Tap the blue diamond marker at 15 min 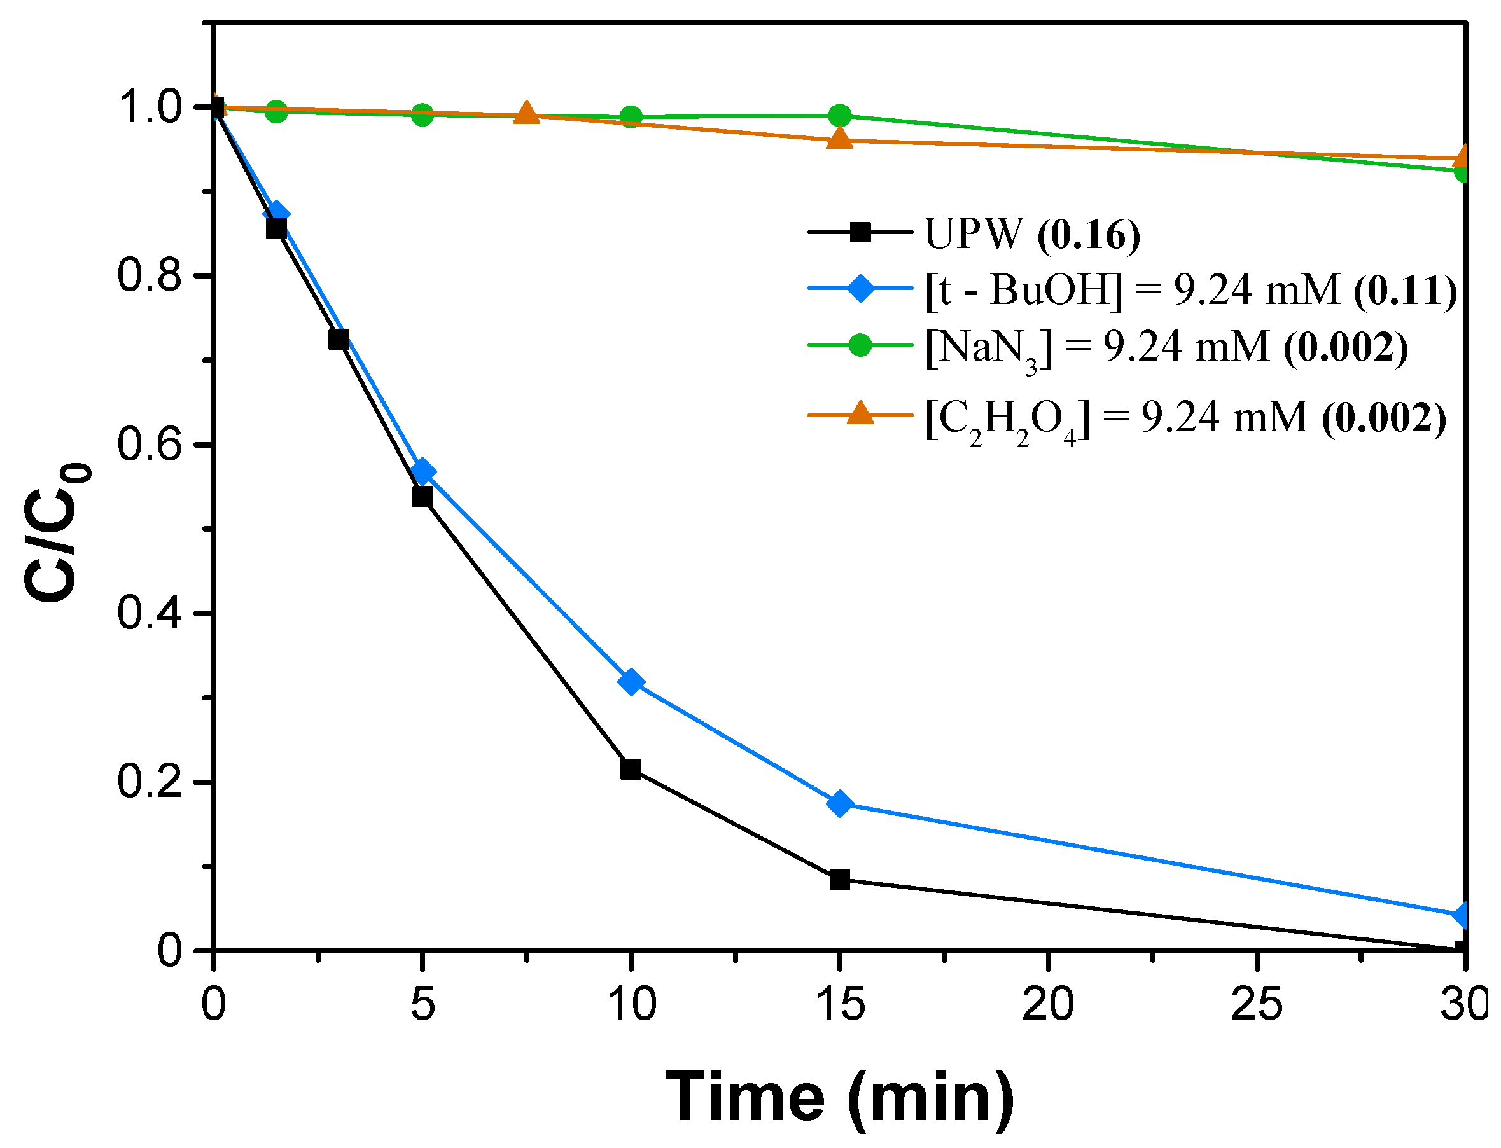coord(840,805)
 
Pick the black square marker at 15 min coord(840,880)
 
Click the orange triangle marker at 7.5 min coord(526,113)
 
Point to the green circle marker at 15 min coord(840,116)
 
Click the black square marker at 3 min coord(339,340)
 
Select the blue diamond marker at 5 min coord(422,472)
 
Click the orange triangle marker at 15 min coord(840,139)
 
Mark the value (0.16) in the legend coord(1088,235)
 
